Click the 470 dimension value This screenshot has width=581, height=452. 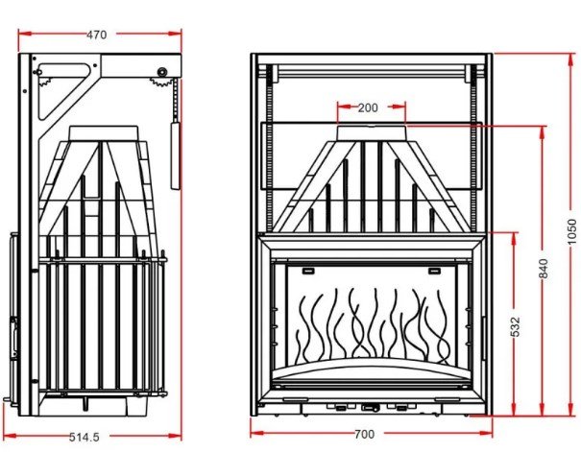[96, 35]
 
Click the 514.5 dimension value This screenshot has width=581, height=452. [85, 438]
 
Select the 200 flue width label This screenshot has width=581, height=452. [368, 107]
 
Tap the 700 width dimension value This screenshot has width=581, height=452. [365, 434]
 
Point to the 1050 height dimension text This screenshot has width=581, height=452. [572, 232]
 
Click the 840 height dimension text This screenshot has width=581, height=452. [543, 269]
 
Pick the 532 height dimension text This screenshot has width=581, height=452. [515, 327]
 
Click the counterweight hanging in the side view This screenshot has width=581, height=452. [176, 155]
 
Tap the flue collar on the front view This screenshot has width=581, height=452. [372, 132]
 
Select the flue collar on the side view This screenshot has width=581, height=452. [104, 132]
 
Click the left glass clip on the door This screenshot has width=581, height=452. [308, 271]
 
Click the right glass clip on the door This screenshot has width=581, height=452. [434, 271]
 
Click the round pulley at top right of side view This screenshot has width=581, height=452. [162, 72]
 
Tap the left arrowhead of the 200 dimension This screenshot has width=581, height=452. [344, 107]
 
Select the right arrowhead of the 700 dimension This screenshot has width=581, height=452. [486, 433]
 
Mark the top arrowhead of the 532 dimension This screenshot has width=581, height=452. [514, 239]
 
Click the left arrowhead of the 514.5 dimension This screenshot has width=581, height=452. [10, 437]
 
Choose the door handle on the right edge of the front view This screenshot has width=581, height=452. [484, 338]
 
